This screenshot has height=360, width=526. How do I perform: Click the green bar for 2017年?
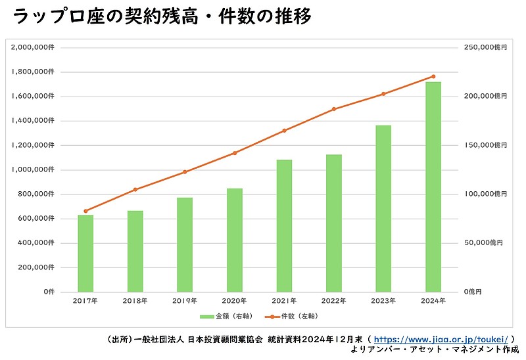[x=85, y=253]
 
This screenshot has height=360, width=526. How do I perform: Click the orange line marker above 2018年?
[x=135, y=189]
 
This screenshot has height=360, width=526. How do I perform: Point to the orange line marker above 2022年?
[x=334, y=109]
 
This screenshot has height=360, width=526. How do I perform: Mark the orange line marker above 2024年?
[x=433, y=76]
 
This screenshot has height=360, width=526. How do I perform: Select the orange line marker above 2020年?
[x=235, y=153]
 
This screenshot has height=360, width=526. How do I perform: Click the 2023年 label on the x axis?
[x=383, y=300]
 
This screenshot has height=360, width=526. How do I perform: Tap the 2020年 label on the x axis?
[x=235, y=300]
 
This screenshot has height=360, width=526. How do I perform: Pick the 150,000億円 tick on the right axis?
[x=483, y=145]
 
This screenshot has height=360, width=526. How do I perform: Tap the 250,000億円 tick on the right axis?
[x=483, y=47]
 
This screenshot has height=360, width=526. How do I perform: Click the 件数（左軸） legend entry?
[x=296, y=316]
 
